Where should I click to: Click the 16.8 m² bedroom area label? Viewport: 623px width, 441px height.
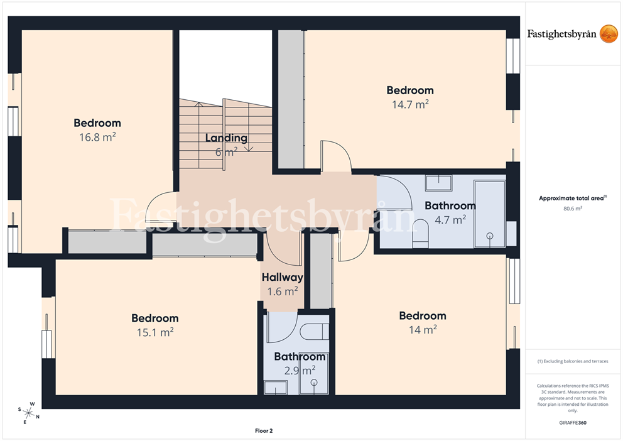pos(97,137)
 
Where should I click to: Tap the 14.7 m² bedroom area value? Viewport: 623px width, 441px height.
pos(410,104)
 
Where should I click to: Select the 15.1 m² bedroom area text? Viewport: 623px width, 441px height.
pos(155,332)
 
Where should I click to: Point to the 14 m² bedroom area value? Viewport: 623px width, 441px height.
pos(423,330)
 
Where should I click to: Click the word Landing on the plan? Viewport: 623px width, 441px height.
pos(226,138)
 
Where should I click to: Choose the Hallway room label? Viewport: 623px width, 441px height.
pos(282,277)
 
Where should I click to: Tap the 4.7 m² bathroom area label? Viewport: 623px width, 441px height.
pos(450,220)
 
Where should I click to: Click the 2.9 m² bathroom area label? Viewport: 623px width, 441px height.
pos(300,371)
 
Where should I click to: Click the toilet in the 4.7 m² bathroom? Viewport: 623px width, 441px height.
pos(420,233)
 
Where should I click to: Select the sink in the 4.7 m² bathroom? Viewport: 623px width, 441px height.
pos(438,183)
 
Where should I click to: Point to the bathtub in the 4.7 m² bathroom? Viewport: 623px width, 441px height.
pos(489,214)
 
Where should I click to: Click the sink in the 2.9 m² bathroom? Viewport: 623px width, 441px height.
pos(275,388)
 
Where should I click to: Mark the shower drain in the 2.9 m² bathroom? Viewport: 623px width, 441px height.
pos(314,383)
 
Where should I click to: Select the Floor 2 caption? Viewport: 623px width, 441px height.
pos(264,431)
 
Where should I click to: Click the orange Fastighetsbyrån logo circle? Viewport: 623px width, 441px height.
pos(609,33)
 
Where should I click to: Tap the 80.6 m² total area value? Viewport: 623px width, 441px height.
pos(573,208)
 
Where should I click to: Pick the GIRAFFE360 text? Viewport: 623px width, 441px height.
pos(573,423)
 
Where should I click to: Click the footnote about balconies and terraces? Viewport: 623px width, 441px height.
pos(573,362)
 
